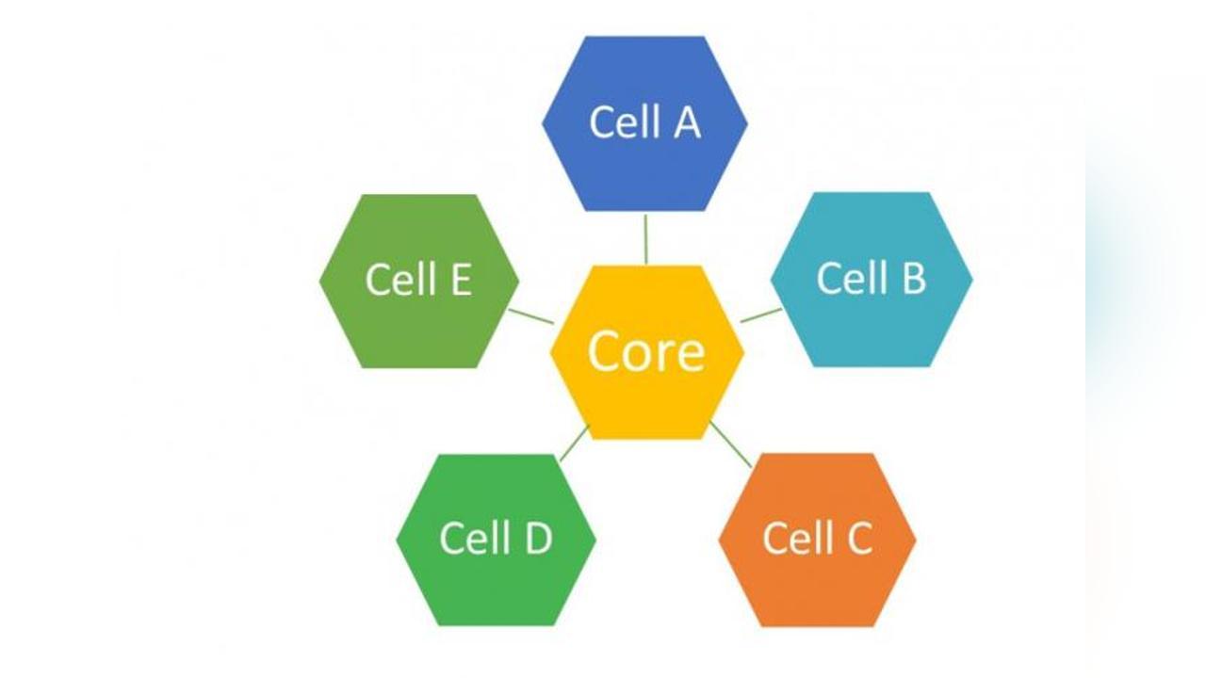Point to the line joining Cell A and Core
645,239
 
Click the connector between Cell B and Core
760,315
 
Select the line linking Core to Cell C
730,444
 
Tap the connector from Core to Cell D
574,443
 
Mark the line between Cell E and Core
530,315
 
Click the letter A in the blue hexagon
686,122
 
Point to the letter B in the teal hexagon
911,278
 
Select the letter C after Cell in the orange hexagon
855,538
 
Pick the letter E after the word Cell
458,280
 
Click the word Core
646,350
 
